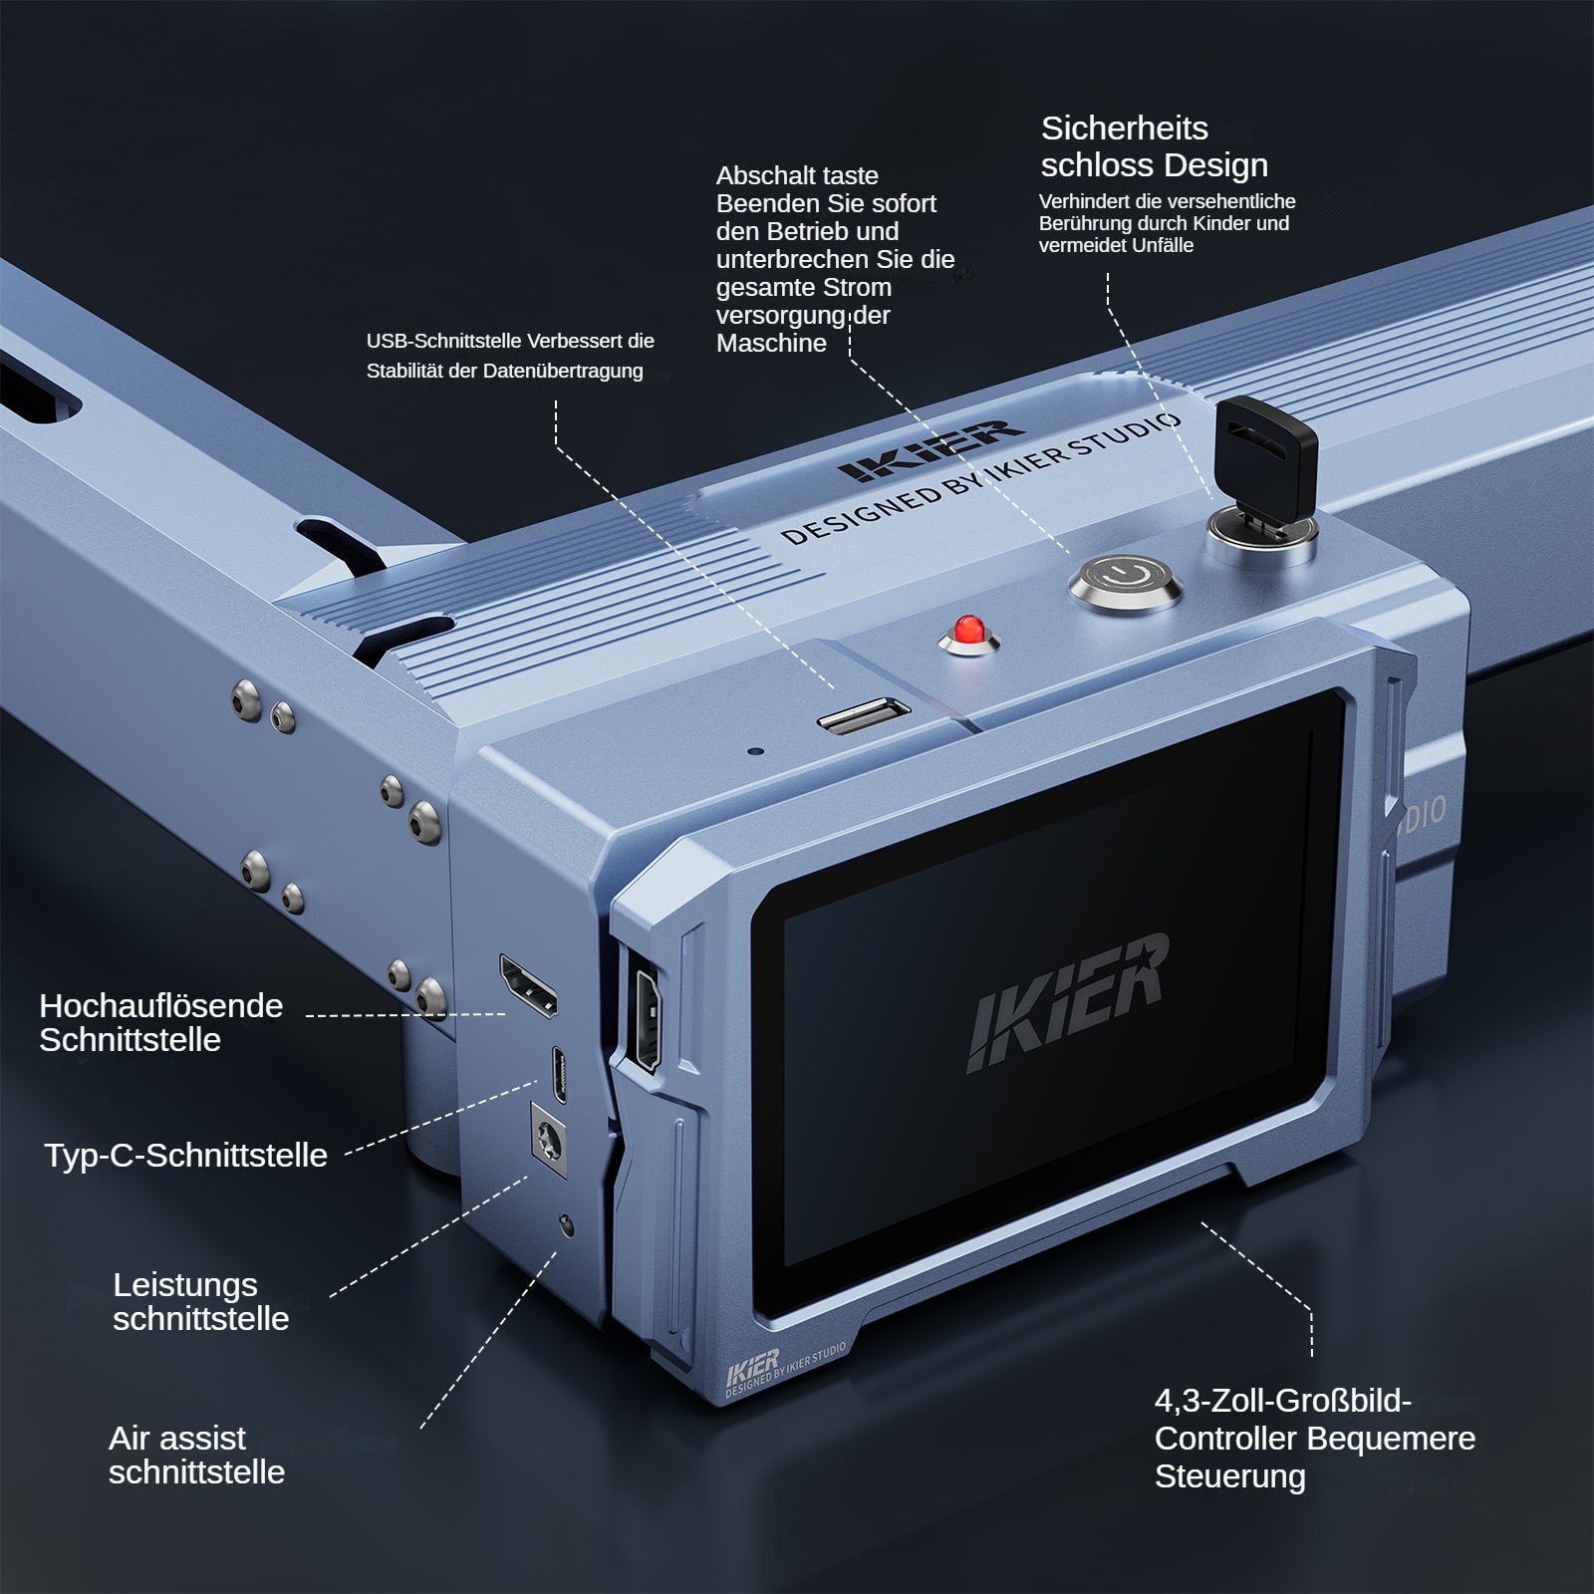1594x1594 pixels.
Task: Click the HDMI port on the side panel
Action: (528, 986)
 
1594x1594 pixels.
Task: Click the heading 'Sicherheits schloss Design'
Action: (1153, 146)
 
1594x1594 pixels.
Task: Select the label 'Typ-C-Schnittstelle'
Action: (185, 1156)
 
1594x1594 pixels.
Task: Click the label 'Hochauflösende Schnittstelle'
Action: (159, 1022)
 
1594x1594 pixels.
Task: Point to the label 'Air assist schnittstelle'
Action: (196, 1456)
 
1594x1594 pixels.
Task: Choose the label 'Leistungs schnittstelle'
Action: (199, 1301)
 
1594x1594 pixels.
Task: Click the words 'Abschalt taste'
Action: (797, 176)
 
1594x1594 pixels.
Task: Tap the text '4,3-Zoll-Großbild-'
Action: (1282, 1402)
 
